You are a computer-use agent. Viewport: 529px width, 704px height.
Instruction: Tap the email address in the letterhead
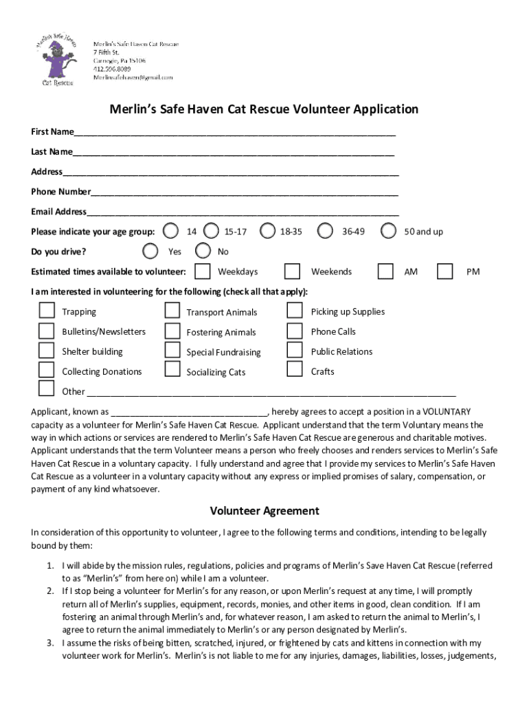pyautogui.click(x=133, y=78)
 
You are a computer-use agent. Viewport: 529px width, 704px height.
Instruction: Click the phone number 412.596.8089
pyautogui.click(x=112, y=69)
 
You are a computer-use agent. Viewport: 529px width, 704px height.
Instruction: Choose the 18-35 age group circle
pyautogui.click(x=267, y=231)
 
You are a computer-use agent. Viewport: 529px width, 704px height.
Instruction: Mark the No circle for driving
pyautogui.click(x=203, y=251)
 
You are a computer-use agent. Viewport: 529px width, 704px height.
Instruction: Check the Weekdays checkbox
pyautogui.click(x=203, y=271)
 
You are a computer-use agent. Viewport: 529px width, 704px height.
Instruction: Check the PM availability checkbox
pyautogui.click(x=445, y=271)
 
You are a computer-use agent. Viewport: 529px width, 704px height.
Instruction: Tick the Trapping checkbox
pyautogui.click(x=46, y=311)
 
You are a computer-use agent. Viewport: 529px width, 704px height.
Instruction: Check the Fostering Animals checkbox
pyautogui.click(x=172, y=331)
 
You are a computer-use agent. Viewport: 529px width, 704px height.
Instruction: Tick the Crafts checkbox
pyautogui.click(x=295, y=370)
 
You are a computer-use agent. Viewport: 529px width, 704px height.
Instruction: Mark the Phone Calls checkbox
pyautogui.click(x=295, y=331)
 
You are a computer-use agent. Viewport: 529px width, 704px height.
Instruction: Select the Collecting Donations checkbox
pyautogui.click(x=46, y=370)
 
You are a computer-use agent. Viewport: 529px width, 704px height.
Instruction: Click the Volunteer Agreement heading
pyautogui.click(x=264, y=511)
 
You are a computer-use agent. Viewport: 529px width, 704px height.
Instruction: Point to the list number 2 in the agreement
pyautogui.click(x=50, y=591)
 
